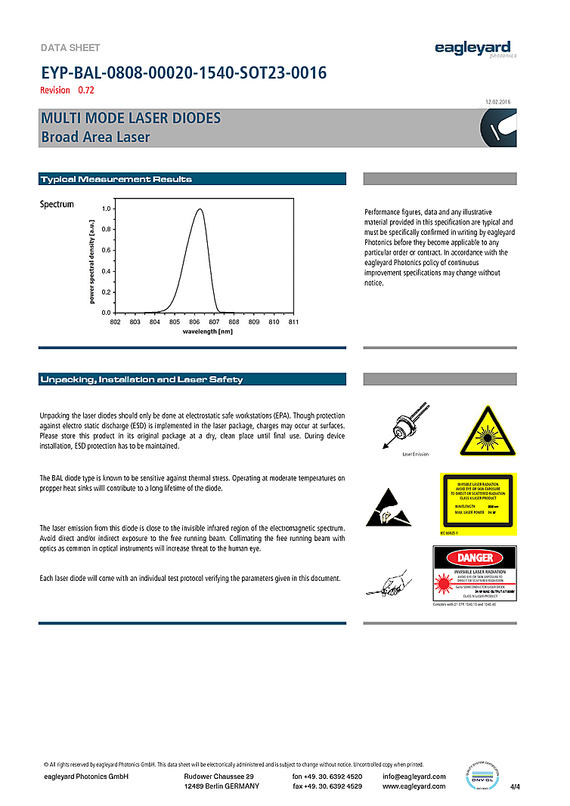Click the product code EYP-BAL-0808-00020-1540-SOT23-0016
pyautogui.click(x=183, y=73)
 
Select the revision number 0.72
pyautogui.click(x=85, y=91)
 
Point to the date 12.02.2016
pyautogui.click(x=497, y=102)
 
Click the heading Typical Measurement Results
pyautogui.click(x=116, y=179)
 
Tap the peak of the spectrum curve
pyautogui.click(x=200, y=209)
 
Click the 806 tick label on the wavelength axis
pyautogui.click(x=194, y=322)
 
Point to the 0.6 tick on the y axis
pyautogui.click(x=107, y=250)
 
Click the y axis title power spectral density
pyautogui.click(x=91, y=261)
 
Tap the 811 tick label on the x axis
pyautogui.click(x=293, y=322)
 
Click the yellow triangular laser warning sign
pyautogui.click(x=489, y=431)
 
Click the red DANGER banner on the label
pyautogui.click(x=475, y=557)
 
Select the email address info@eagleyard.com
pyautogui.click(x=414, y=777)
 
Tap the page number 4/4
pyautogui.click(x=516, y=787)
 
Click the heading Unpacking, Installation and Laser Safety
pyautogui.click(x=141, y=379)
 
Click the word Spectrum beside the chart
pyautogui.click(x=57, y=205)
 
